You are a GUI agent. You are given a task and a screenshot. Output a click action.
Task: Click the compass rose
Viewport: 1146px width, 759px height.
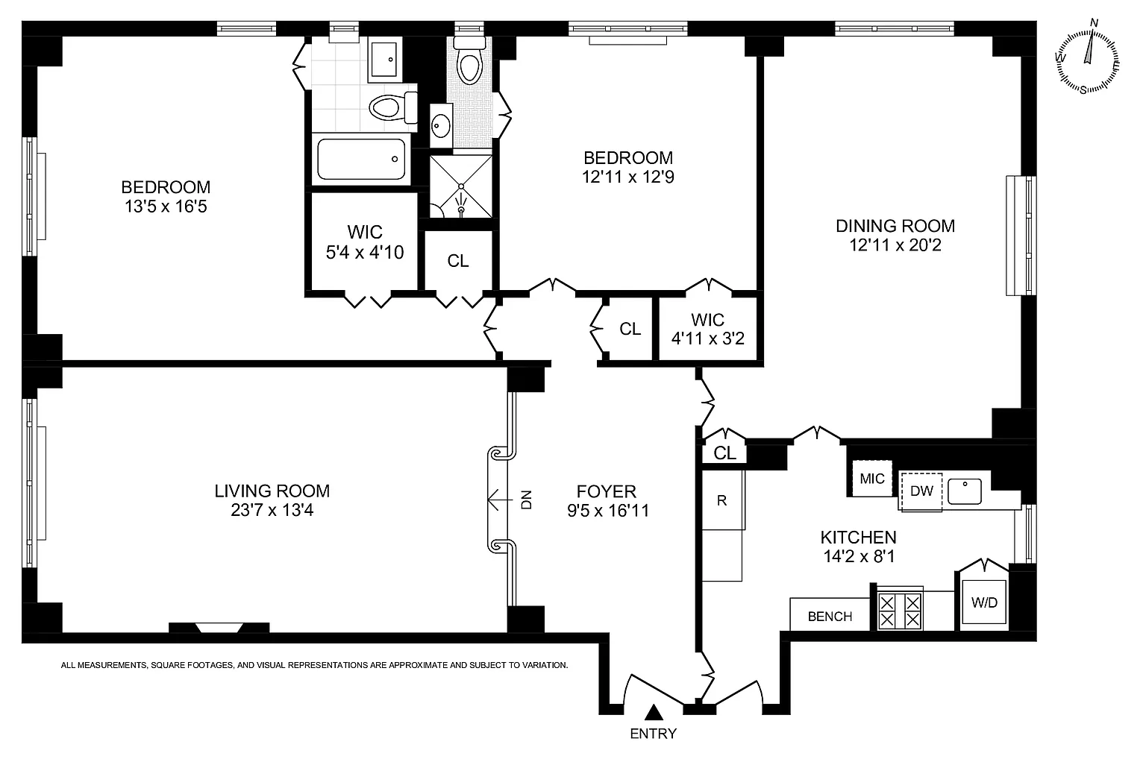1087,61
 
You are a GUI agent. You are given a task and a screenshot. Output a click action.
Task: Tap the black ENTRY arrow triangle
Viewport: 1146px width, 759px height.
654,713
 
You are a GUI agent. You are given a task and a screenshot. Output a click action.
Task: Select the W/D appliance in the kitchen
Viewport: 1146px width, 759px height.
984,602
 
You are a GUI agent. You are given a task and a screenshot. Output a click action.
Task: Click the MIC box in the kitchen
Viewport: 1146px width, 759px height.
871,479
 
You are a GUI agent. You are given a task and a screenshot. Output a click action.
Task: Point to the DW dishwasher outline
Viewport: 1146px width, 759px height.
921,491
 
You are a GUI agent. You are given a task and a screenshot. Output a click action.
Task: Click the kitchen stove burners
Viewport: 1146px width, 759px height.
900,611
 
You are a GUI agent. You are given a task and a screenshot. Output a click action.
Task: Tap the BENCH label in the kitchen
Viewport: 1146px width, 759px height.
830,617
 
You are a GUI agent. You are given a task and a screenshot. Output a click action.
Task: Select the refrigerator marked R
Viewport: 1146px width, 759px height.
722,500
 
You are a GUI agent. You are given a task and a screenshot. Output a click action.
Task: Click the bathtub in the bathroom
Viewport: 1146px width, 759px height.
361,160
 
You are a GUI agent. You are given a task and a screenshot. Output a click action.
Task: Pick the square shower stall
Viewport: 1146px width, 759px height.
461,186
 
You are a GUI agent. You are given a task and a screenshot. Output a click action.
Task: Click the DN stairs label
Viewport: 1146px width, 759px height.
527,500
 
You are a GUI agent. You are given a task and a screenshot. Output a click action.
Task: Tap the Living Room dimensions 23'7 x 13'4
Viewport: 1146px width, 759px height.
272,510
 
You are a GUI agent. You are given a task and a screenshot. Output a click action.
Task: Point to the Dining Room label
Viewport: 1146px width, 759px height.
895,225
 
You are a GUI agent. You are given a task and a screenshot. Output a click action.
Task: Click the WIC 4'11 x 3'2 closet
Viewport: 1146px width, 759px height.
707,329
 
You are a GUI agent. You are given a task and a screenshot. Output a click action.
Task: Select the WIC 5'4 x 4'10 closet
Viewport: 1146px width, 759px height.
365,242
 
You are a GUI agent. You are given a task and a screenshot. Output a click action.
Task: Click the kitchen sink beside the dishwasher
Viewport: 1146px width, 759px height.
965,491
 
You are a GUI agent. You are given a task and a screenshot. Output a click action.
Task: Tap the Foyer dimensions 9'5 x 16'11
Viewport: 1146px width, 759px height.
608,511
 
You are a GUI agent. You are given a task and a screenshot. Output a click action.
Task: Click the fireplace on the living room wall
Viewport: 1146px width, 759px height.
219,628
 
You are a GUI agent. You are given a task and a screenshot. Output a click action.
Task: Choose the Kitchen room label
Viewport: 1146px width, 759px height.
859,537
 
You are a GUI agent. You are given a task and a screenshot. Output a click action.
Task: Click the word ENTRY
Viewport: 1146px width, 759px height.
654,734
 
